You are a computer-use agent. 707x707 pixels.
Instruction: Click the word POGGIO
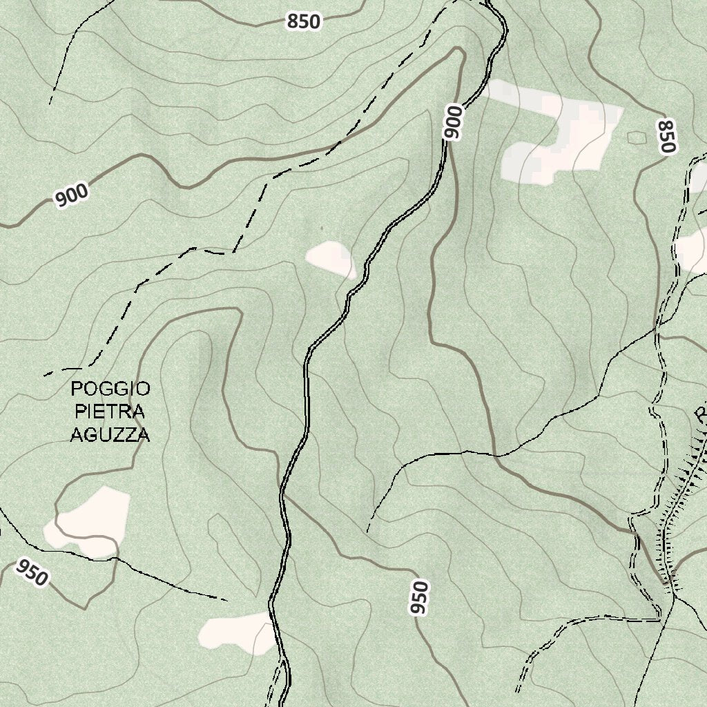point(110,389)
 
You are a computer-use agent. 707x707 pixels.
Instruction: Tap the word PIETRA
point(110,412)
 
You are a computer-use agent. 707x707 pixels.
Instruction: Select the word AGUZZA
point(110,435)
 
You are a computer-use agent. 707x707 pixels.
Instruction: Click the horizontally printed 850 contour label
point(304,22)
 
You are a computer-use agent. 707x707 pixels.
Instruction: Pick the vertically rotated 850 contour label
point(666,136)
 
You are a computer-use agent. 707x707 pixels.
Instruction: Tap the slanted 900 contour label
point(72,195)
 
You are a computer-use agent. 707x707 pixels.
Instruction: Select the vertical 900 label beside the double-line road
point(453,123)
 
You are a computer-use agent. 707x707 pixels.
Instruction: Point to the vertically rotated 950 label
point(419,598)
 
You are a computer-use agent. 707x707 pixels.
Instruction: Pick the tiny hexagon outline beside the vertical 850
point(636,137)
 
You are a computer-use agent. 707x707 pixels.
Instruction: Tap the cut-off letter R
point(701,415)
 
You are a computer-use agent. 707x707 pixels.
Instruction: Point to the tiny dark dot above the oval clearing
point(320,227)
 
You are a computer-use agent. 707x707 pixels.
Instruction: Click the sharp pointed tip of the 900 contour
point(458,50)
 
